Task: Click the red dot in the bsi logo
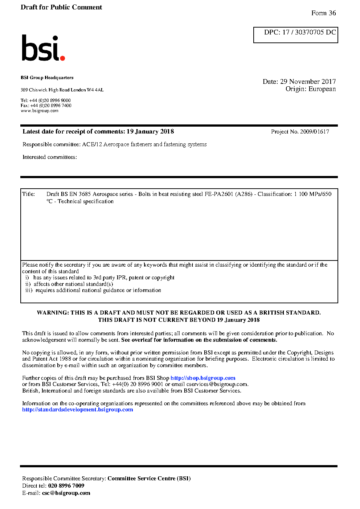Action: [x=62, y=58]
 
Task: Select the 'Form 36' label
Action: [x=323, y=13]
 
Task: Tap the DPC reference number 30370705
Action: [x=309, y=32]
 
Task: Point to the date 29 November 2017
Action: [x=308, y=82]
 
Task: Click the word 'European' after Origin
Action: [x=322, y=89]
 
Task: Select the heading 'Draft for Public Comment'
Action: [x=61, y=7]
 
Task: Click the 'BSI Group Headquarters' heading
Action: [x=47, y=78]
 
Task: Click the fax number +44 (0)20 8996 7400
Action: [x=51, y=106]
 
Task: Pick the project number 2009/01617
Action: [x=314, y=132]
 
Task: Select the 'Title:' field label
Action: [x=29, y=194]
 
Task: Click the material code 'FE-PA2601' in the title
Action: [x=219, y=194]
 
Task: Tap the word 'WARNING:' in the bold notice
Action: [x=53, y=313]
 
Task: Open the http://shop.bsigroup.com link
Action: [x=203, y=378]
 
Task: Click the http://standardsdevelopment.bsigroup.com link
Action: [x=77, y=410]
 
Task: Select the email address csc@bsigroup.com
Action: [x=66, y=493]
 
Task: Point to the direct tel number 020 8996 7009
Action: [x=66, y=486]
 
